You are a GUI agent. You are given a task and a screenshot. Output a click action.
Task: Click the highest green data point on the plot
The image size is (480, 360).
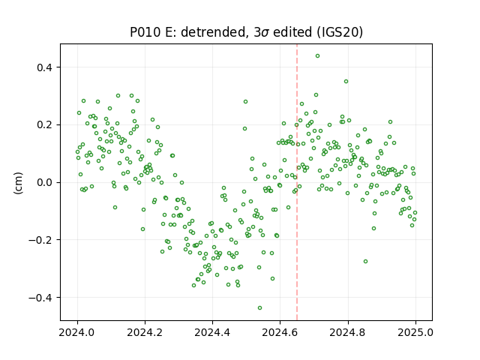pyautogui.click(x=317, y=56)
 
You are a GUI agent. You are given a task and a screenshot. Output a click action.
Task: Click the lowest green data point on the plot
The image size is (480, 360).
pyautogui.click(x=259, y=307)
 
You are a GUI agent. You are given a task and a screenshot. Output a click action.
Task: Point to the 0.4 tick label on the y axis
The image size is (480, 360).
pyautogui.click(x=44, y=67)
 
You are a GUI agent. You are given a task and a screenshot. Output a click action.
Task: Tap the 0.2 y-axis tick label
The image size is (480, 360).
pyautogui.click(x=44, y=125)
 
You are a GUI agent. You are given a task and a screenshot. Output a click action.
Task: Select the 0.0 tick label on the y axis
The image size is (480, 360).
pyautogui.click(x=44, y=182)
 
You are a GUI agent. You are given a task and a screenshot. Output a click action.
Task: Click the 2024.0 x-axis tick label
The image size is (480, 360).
pyautogui.click(x=78, y=332)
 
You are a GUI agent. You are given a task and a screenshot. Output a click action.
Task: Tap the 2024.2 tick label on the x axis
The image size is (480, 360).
pyautogui.click(x=145, y=332)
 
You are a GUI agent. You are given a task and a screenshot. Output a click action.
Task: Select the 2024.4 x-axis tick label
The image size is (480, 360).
pyautogui.click(x=212, y=332)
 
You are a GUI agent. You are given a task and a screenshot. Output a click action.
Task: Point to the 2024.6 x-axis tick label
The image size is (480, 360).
pyautogui.click(x=280, y=332)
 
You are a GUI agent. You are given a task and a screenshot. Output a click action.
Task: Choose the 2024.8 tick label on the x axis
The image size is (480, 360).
pyautogui.click(x=348, y=332)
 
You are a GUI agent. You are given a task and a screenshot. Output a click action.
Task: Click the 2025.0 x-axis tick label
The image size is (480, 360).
pyautogui.click(x=415, y=332)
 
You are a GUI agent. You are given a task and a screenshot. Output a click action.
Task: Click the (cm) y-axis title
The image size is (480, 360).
pyautogui.click(x=18, y=183)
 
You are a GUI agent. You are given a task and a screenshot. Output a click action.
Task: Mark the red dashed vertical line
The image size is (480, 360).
pyautogui.click(x=297, y=182)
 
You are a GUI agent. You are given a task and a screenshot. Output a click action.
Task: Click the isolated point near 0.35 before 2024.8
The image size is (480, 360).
pyautogui.click(x=346, y=82)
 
